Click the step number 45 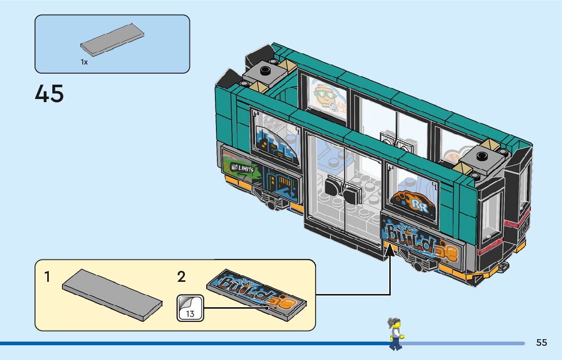point(49,94)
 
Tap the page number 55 point(541,343)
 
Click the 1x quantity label point(84,62)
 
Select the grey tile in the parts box point(112,39)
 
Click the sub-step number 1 point(47,277)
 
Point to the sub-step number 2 point(181,277)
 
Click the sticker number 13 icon point(190,308)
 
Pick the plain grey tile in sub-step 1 point(112,294)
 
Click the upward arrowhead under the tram point(390,247)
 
